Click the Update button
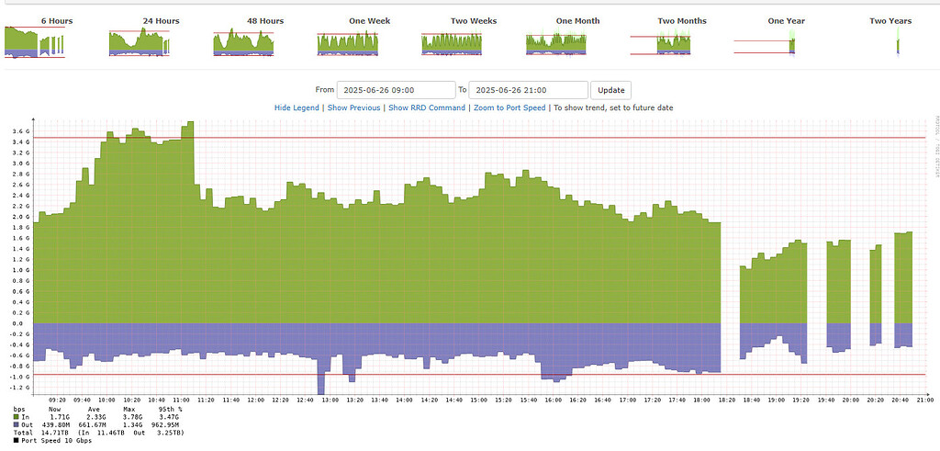click(611, 90)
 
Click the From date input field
click(397, 90)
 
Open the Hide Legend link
click(297, 107)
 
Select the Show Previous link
click(353, 107)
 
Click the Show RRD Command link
click(427, 107)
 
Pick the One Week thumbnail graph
click(348, 43)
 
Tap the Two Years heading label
click(890, 20)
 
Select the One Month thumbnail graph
click(556, 43)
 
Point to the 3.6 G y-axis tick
click(21, 131)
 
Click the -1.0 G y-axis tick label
click(20, 377)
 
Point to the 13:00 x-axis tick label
click(329, 400)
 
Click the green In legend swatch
click(16, 417)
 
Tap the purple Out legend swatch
click(16, 424)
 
